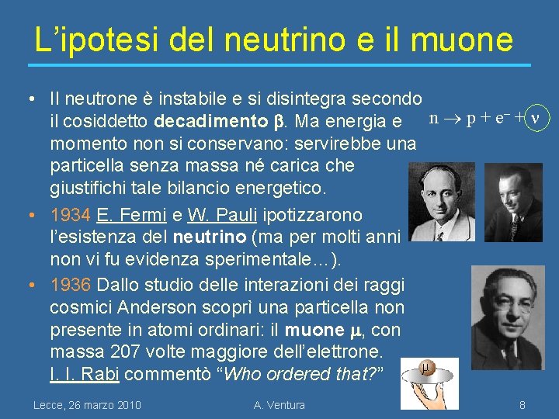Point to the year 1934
(x=64, y=214)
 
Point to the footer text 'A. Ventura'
(x=279, y=404)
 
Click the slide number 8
(x=523, y=404)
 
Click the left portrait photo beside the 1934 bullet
(x=443, y=203)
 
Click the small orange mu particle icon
(x=426, y=367)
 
